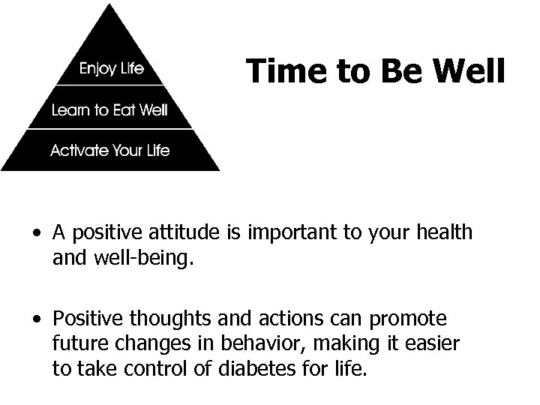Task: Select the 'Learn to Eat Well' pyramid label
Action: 109,111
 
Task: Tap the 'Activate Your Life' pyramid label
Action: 109,150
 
